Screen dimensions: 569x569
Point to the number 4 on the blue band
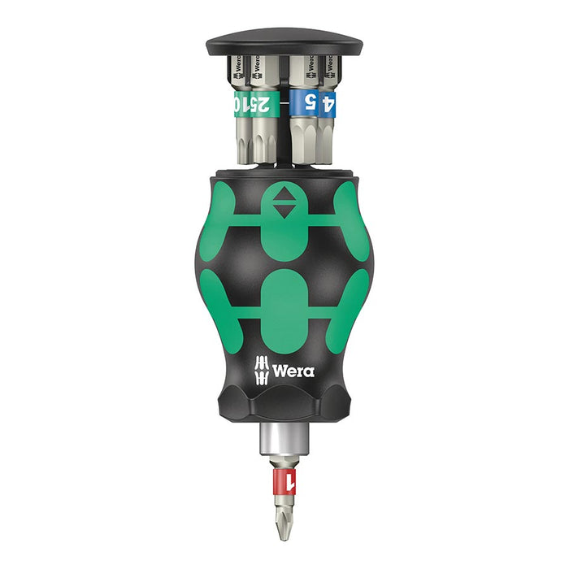(328, 104)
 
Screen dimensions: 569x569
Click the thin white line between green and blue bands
(283, 104)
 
